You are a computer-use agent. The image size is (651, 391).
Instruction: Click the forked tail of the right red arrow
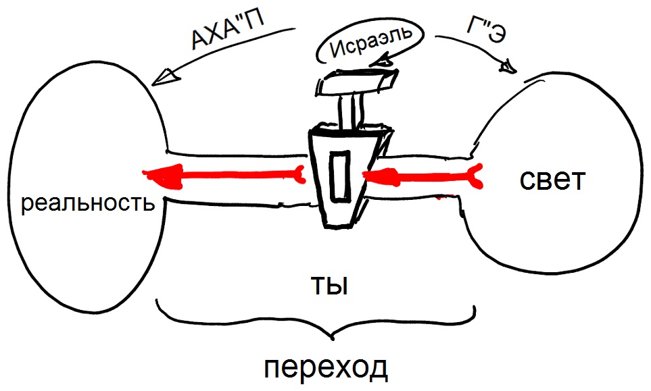pos(477,176)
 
